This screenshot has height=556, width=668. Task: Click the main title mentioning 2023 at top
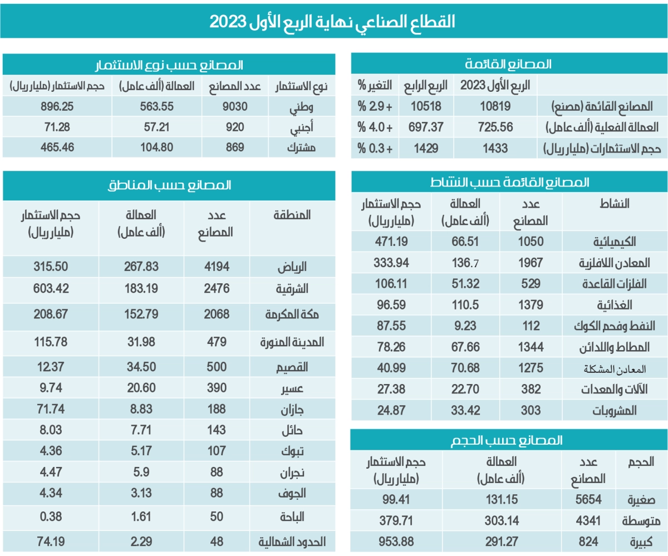click(332, 21)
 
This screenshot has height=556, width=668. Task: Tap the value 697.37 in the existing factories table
click(426, 128)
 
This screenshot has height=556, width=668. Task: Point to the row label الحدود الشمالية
click(290, 541)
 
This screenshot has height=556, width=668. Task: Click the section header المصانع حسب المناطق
click(168, 186)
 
